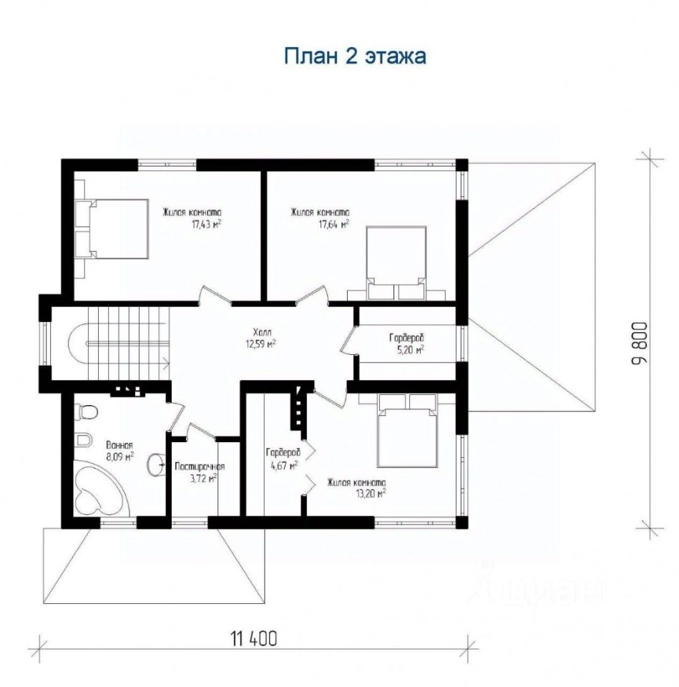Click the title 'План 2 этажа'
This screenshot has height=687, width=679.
tap(355, 57)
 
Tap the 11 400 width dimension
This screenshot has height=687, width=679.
tap(253, 639)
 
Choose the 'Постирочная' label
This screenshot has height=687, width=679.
tap(200, 467)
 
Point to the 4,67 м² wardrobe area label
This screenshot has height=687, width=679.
tap(284, 465)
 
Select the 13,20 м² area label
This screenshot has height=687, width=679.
tap(371, 494)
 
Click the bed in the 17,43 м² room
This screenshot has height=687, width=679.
tap(112, 229)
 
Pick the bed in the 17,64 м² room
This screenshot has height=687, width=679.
tap(396, 263)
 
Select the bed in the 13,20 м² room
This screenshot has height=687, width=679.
tap(407, 430)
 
